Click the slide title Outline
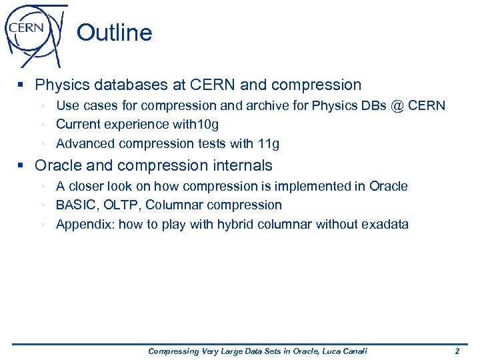[114, 33]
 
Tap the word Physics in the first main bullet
[61, 85]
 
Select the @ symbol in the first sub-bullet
[399, 106]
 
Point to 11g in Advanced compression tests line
[268, 144]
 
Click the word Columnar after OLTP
[173, 205]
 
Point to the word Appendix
[85, 225]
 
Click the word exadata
[385, 225]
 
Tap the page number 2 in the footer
[457, 351]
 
